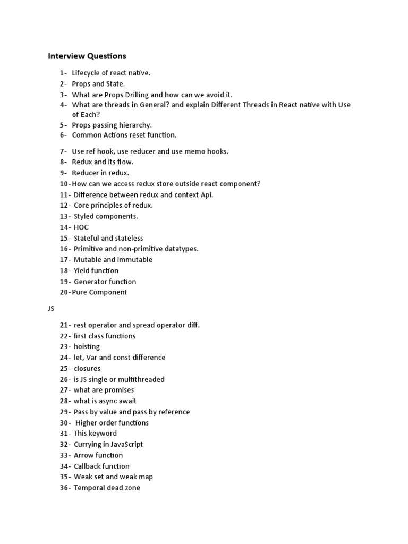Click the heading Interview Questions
tap(87, 56)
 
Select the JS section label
tap(52, 308)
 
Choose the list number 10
tap(65, 184)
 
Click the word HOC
tap(81, 227)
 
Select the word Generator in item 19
tap(90, 282)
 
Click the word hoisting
tap(87, 346)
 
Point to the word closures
tap(87, 368)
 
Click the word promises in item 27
tap(120, 390)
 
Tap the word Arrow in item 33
tap(83, 455)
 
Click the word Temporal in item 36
tap(89, 488)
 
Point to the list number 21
tap(65, 325)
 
